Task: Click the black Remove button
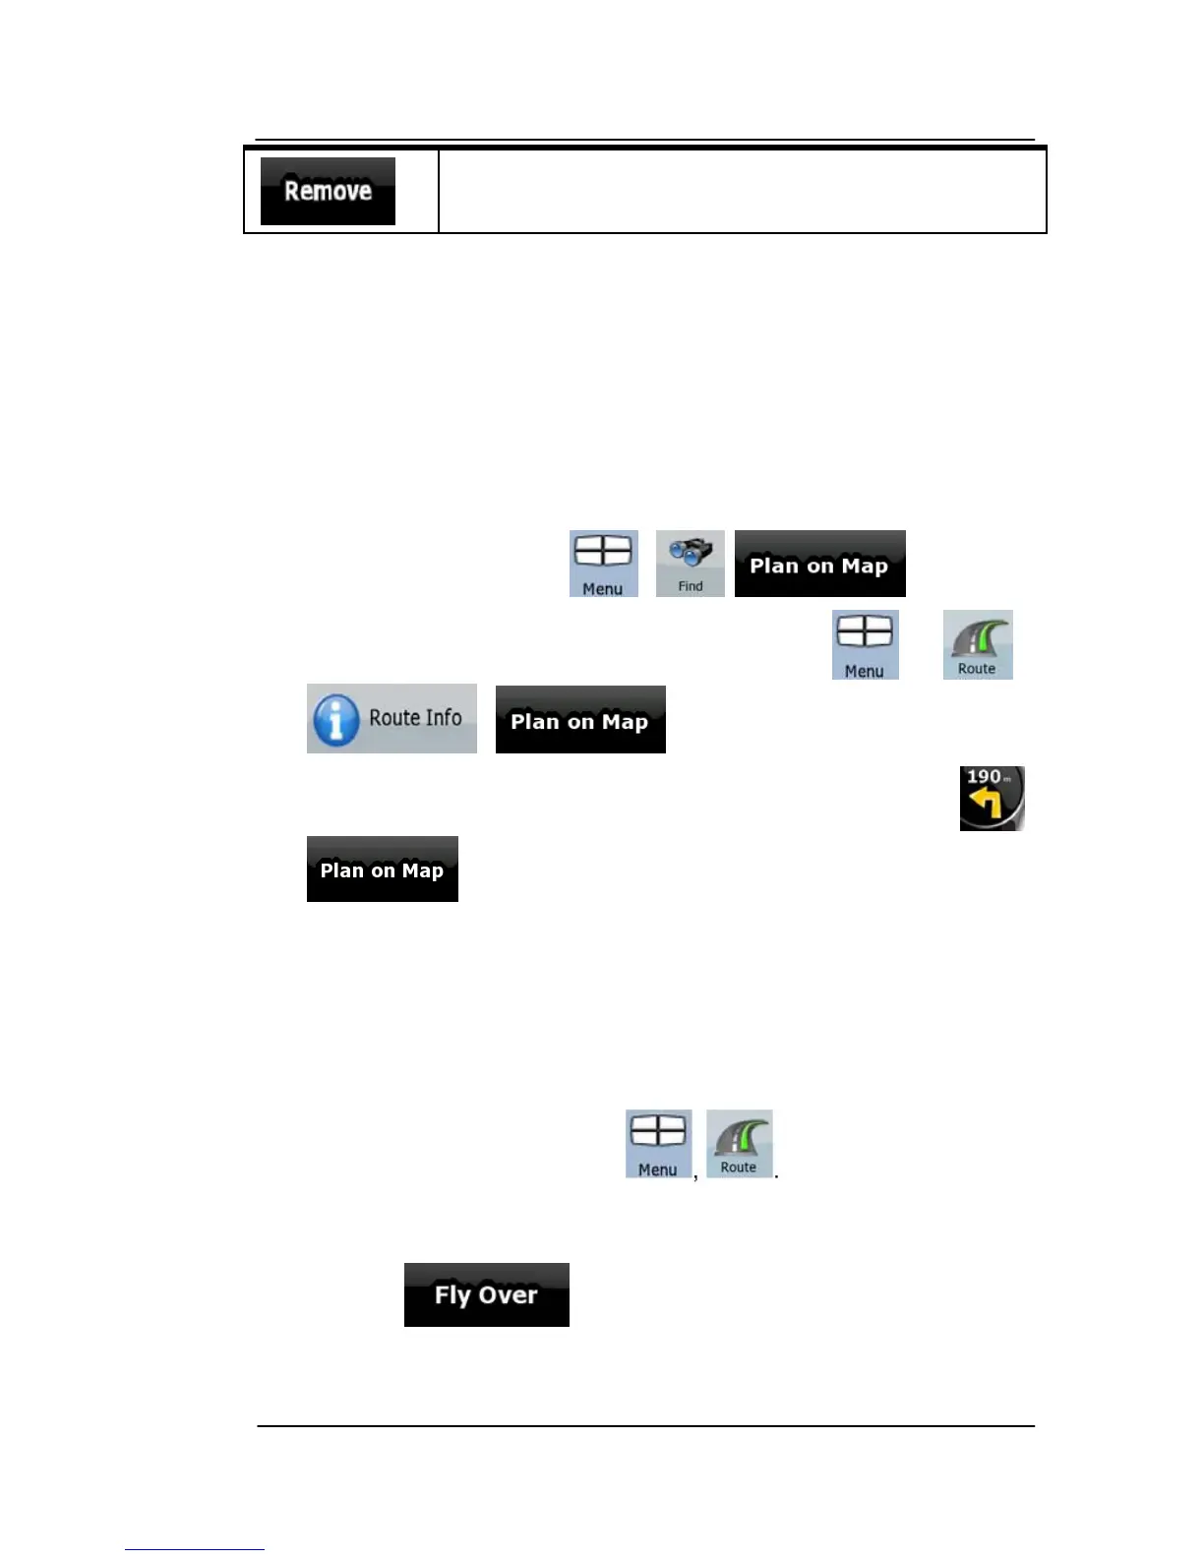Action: (x=328, y=191)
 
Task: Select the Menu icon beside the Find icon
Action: (x=603, y=564)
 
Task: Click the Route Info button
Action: (x=391, y=719)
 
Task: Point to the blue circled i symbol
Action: (x=335, y=720)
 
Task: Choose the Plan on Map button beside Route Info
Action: (x=580, y=720)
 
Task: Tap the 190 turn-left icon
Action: (x=992, y=799)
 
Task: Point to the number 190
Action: (x=984, y=777)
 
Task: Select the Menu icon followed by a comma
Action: (x=658, y=1144)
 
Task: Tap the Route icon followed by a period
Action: (x=739, y=1144)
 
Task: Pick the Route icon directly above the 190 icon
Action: (x=978, y=644)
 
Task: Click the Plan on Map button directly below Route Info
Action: (x=382, y=869)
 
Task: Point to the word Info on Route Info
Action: (x=443, y=718)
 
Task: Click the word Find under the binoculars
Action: (x=691, y=586)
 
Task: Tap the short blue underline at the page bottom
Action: (x=195, y=1549)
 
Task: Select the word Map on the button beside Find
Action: (x=865, y=566)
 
